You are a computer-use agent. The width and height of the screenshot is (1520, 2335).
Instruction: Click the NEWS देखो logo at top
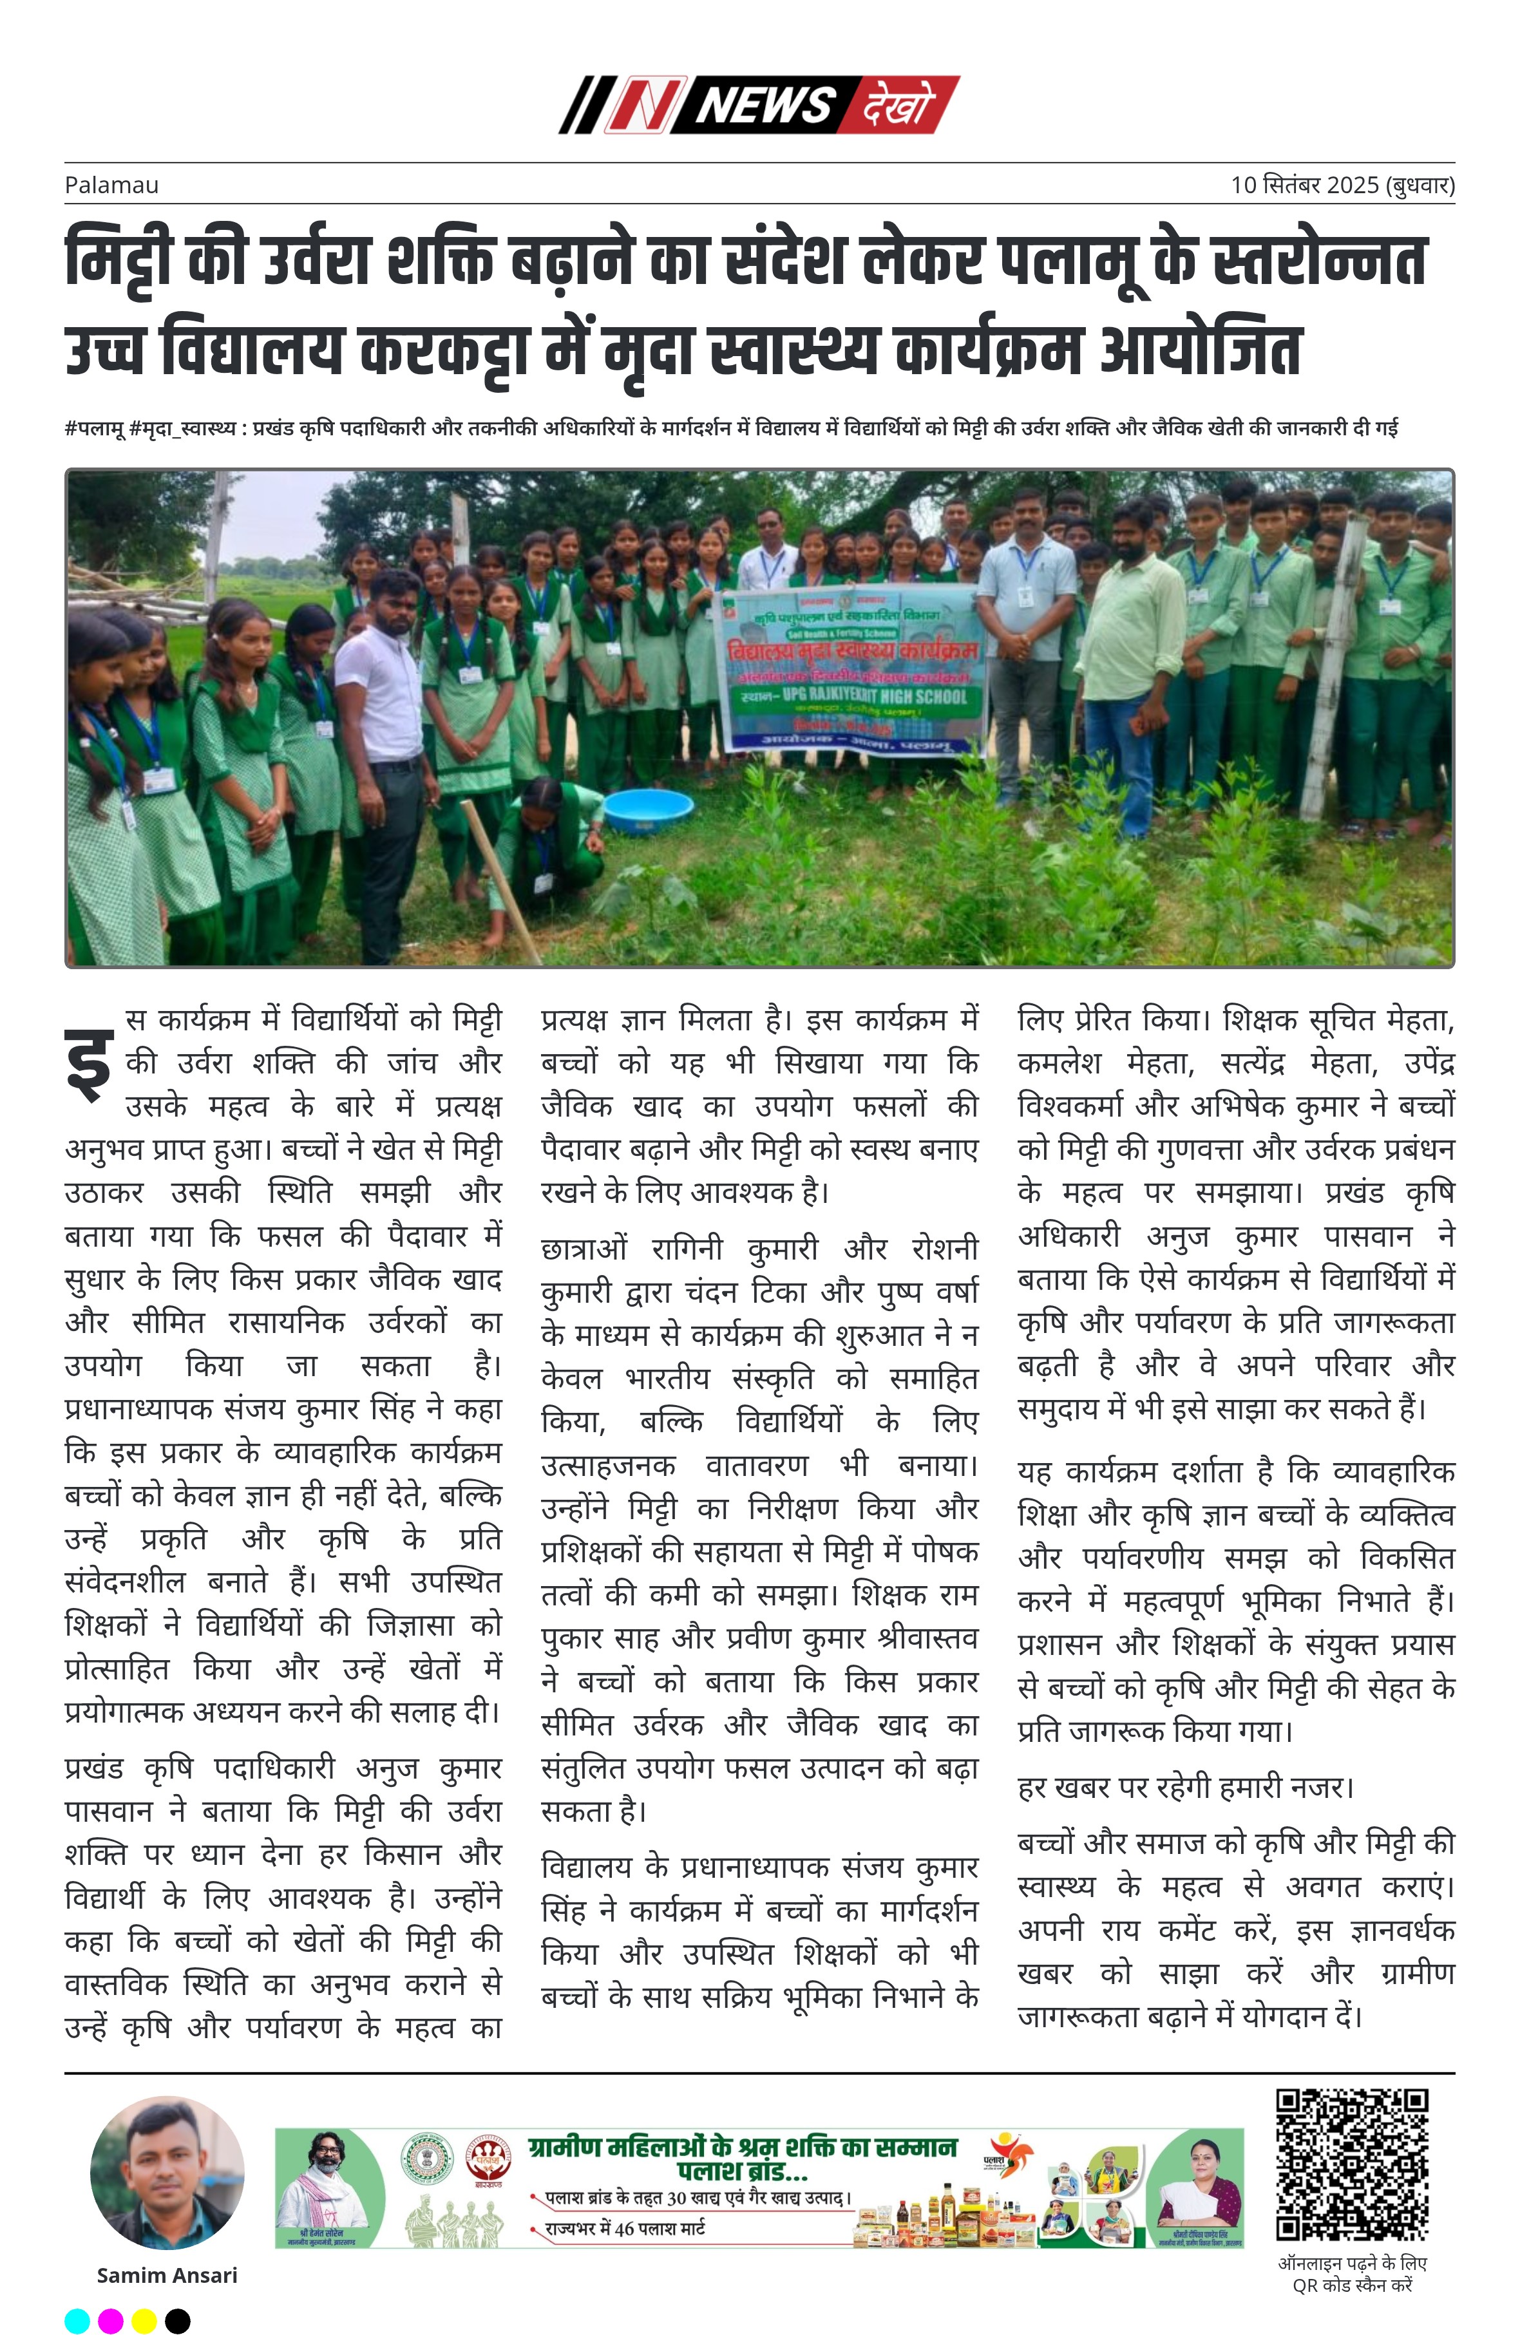coord(759,104)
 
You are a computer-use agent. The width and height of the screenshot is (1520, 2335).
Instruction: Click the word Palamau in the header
coord(111,184)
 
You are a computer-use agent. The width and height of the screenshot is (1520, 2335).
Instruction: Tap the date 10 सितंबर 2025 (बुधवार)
coord(1342,184)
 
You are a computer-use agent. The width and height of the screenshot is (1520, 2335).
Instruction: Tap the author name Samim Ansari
coord(167,2274)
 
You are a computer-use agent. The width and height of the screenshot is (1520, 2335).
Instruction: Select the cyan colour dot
coord(77,2320)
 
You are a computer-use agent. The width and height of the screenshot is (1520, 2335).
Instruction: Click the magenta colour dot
coord(111,2320)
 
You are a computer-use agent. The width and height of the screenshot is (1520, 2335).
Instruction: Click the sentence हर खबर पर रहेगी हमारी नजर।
coord(1185,1786)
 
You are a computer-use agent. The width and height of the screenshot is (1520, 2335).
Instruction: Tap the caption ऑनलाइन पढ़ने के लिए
coord(1351,2264)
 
